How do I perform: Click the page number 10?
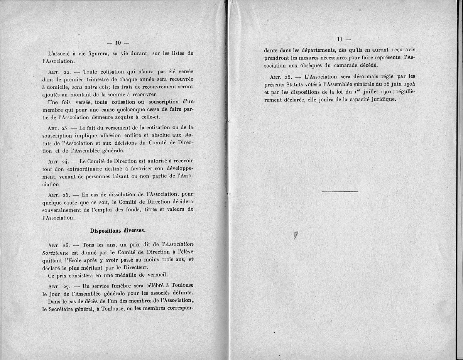tap(118, 42)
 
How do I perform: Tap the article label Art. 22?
tap(59, 73)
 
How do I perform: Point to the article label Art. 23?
tap(59, 127)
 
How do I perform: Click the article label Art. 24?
tap(59, 161)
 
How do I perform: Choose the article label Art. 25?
tap(59, 194)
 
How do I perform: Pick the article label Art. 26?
tap(59, 245)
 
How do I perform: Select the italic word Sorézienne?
tap(57, 253)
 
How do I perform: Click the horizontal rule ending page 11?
tap(340, 191)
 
